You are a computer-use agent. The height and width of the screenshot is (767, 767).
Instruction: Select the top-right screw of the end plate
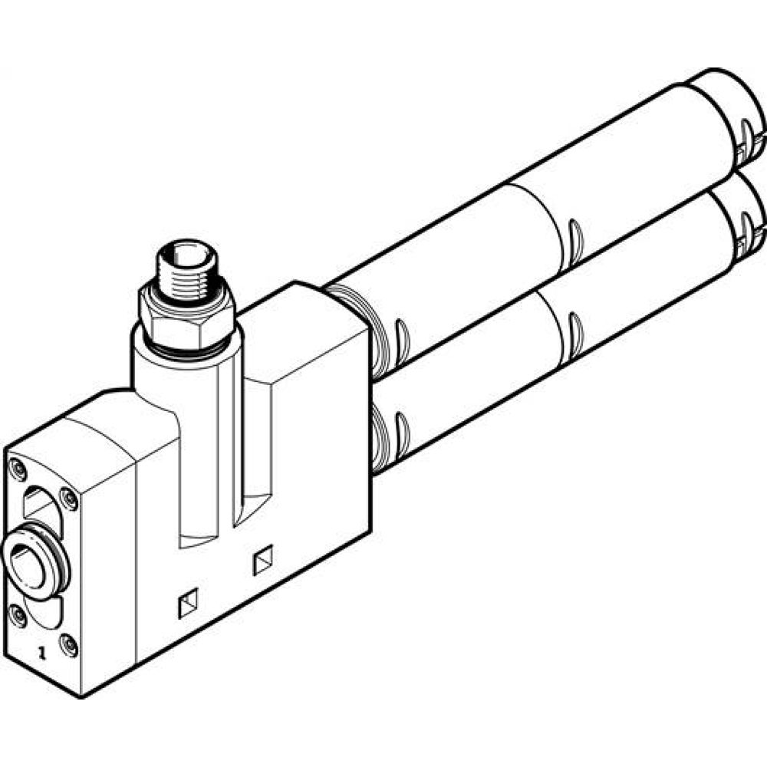point(69,499)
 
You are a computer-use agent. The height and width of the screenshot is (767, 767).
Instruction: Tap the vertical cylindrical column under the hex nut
point(184,383)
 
